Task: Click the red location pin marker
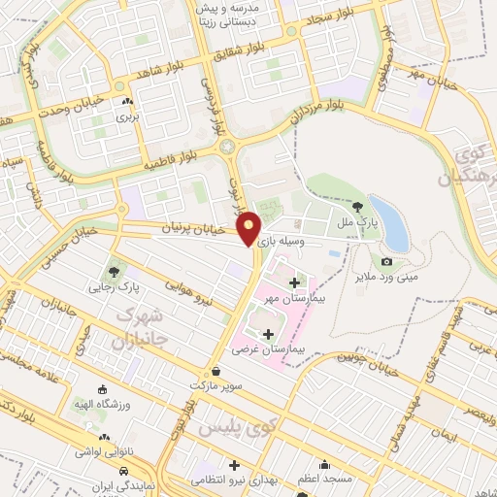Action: coord(249,227)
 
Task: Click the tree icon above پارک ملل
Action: coord(358,206)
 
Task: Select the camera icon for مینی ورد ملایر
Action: coord(386,261)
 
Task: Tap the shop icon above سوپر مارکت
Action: coord(215,371)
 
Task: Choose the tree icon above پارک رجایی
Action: coord(116,271)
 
